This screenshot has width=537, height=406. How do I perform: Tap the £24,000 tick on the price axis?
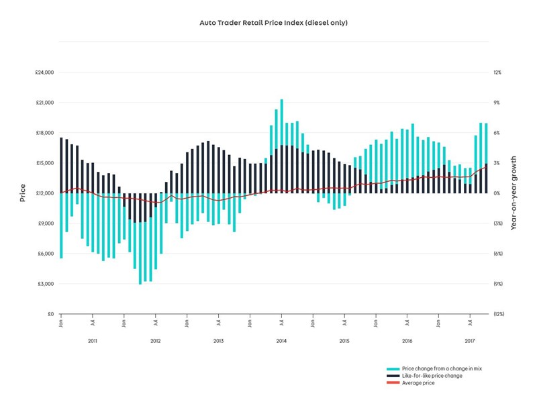point(44,72)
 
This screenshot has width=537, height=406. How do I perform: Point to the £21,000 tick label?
point(44,103)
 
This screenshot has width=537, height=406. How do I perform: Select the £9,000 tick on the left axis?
point(46,223)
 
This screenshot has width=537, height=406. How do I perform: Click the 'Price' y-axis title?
point(22,193)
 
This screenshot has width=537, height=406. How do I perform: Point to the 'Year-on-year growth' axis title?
point(514,193)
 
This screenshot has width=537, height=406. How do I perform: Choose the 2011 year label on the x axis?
point(93,342)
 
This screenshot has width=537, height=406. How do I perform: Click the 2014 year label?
point(281,342)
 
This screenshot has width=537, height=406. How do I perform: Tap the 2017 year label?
point(471,342)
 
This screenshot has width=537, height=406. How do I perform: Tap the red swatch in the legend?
point(393,383)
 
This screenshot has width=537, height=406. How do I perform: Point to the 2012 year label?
point(156,342)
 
